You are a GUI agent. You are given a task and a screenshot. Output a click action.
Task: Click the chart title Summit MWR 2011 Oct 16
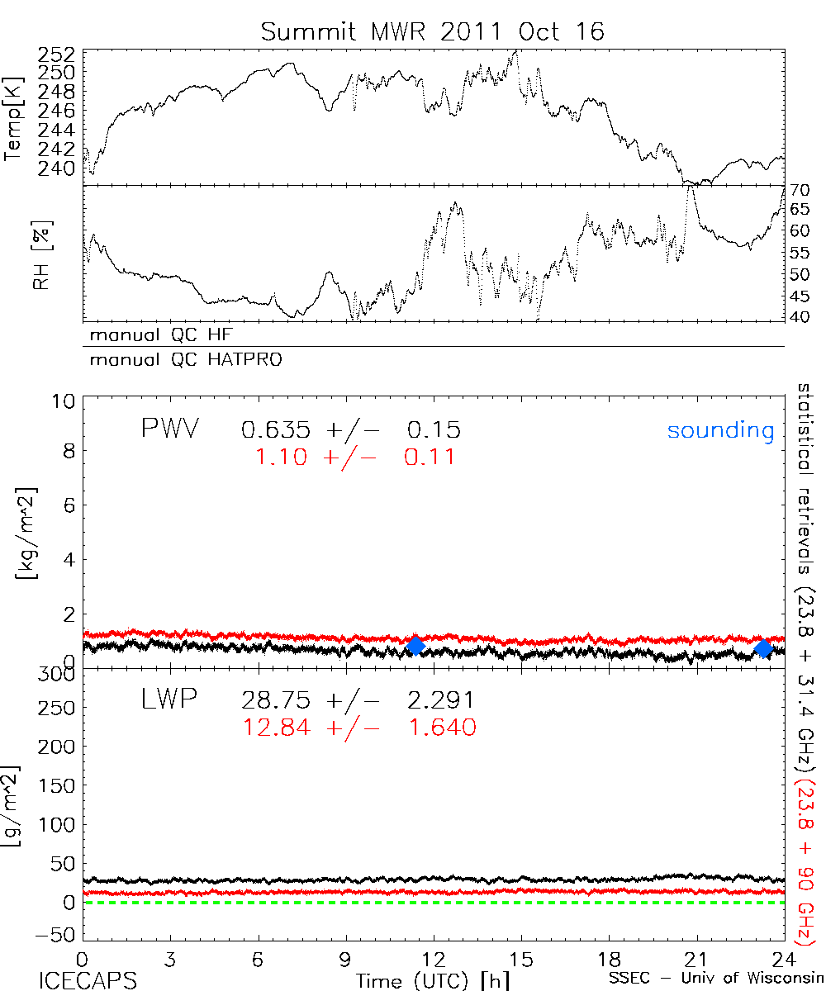433,31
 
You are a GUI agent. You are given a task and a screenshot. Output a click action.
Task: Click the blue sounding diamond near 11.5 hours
415,646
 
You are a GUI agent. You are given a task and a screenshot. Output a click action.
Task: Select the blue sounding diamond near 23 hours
763,649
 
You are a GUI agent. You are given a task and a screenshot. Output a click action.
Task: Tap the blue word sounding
720,430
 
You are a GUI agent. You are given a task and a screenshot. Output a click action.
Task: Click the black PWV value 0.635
276,430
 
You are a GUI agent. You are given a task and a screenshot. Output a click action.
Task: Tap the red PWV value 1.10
283,456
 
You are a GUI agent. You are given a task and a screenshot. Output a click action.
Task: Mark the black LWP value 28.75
276,701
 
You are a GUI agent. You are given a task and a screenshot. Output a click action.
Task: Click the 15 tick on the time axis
520,960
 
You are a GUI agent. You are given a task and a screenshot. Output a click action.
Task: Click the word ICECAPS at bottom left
88,980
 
